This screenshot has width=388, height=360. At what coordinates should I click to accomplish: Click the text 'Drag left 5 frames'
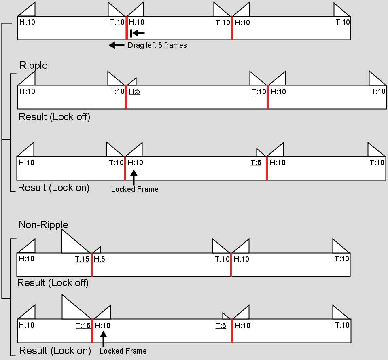[x=157, y=45]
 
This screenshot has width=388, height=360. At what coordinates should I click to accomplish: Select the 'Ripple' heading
[x=34, y=65]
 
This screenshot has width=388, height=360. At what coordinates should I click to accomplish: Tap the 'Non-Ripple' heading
[x=43, y=224]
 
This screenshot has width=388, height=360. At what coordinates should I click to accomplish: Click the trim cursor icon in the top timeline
[x=137, y=33]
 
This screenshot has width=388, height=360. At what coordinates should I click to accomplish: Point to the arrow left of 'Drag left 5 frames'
[x=117, y=45]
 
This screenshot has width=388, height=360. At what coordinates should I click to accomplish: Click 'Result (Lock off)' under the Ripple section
[x=55, y=117]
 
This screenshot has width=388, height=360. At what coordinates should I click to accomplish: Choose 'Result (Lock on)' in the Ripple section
[x=54, y=187]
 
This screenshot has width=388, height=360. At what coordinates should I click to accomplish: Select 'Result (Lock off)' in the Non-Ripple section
[x=53, y=283]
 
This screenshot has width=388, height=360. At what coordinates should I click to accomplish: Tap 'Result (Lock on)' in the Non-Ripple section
[x=55, y=350]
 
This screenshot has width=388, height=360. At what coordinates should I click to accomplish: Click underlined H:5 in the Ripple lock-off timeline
[x=134, y=91]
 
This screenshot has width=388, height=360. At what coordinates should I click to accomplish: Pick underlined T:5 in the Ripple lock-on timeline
[x=256, y=163]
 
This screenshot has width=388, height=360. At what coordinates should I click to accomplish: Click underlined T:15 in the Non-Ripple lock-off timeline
[x=82, y=259]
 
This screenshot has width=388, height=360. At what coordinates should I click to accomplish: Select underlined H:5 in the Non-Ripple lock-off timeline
[x=99, y=259]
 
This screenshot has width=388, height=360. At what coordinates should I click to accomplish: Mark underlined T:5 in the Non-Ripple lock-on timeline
[x=221, y=326]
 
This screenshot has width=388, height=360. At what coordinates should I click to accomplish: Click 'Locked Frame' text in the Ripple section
[x=135, y=189]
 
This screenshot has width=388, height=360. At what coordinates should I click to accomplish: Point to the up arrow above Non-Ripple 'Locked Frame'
[x=104, y=339]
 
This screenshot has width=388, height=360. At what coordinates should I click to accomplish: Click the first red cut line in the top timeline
[x=127, y=28]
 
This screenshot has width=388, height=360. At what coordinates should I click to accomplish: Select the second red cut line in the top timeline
[x=232, y=28]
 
